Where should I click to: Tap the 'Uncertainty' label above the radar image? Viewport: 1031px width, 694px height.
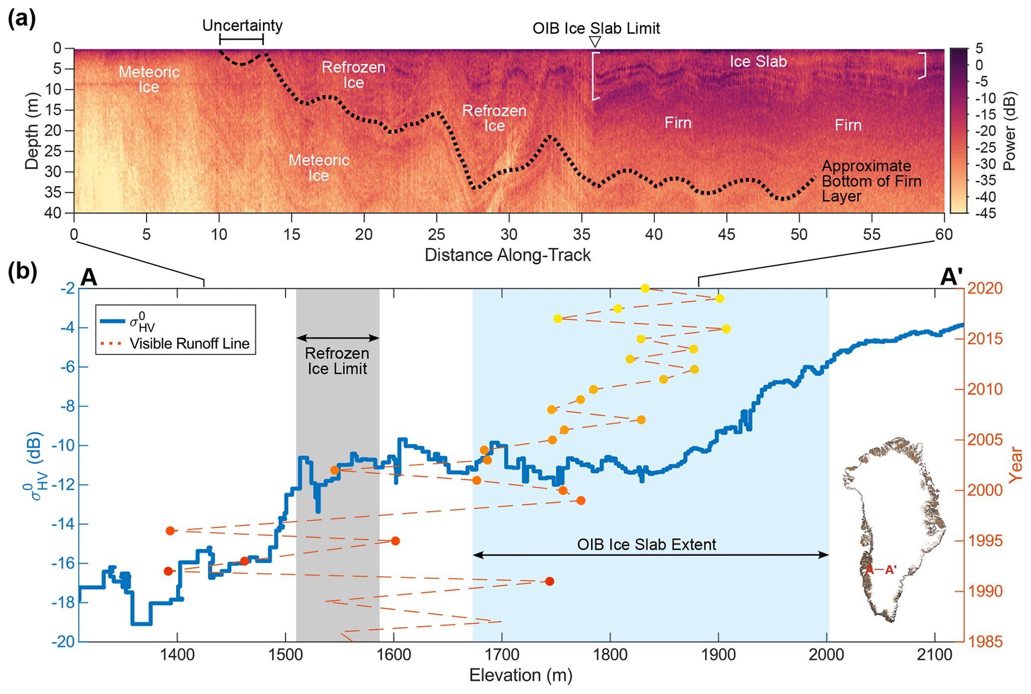[242, 25]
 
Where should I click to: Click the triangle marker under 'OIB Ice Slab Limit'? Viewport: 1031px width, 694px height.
[595, 41]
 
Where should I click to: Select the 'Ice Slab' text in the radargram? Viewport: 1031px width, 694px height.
[758, 61]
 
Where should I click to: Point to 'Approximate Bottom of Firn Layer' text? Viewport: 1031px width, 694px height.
[871, 181]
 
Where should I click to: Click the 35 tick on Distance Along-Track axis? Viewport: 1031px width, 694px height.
[581, 234]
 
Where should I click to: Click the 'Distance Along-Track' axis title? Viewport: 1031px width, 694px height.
[507, 255]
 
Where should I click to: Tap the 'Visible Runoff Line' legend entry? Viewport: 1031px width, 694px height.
[189, 344]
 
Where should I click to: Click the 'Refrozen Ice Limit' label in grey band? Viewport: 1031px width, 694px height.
[337, 361]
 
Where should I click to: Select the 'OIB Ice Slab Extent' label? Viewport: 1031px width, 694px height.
[646, 544]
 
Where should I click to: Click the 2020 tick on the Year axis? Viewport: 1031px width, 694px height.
[985, 288]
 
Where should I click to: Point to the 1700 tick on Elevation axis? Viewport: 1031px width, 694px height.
[501, 655]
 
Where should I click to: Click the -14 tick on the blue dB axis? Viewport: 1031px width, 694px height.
[62, 524]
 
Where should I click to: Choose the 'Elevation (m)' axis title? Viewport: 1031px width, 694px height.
[520, 676]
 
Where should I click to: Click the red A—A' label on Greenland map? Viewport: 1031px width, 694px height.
[881, 569]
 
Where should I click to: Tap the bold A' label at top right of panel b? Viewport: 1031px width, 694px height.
[951, 277]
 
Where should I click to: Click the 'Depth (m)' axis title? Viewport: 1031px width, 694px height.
[31, 131]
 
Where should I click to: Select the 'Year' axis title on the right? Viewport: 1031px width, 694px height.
[1015, 465]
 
